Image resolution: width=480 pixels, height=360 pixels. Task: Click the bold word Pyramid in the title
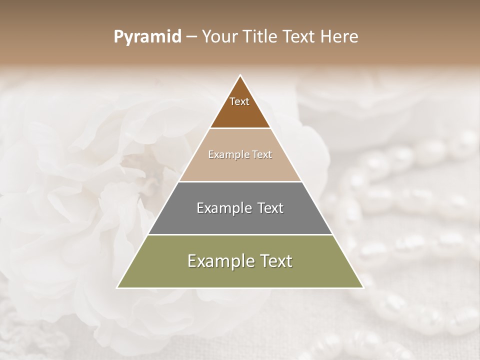(x=147, y=37)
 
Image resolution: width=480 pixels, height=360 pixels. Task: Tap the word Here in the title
(x=340, y=37)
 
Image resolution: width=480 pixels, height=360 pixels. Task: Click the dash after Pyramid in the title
(x=191, y=37)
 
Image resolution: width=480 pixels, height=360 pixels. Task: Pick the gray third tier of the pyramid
(x=240, y=220)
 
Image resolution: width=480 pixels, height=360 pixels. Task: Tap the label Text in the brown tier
(x=239, y=101)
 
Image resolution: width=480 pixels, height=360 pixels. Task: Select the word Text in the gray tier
(x=270, y=208)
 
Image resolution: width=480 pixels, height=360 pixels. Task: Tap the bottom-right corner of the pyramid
(x=362, y=287)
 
